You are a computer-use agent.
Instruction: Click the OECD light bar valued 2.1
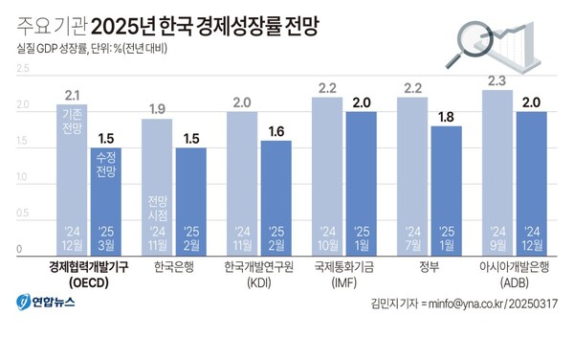pos(72,177)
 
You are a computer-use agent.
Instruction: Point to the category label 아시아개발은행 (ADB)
pos(515,275)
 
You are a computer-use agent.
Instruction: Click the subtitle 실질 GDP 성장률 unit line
pos(92,47)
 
